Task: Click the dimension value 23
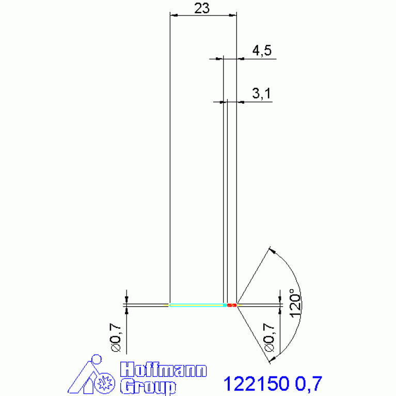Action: tap(202, 8)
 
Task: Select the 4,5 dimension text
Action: tap(262, 50)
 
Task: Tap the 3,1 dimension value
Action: tap(261, 93)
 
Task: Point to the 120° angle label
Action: tap(295, 303)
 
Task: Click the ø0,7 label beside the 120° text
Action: tap(269, 338)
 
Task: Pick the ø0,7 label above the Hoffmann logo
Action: tap(116, 338)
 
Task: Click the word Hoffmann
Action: tap(163, 370)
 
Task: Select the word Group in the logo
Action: tap(148, 386)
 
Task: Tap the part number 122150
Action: tap(256, 384)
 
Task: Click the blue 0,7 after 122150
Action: tap(309, 384)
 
